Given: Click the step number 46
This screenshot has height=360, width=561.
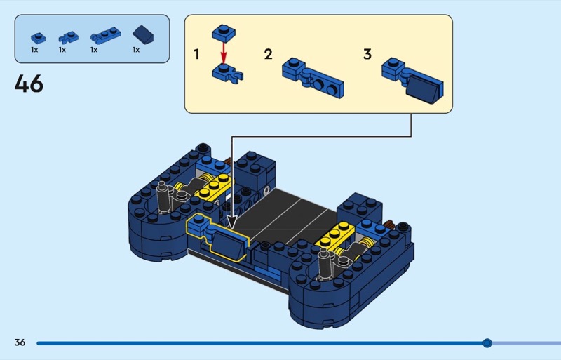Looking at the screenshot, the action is (29, 84).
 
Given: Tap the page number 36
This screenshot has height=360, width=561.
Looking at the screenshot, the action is (20, 342).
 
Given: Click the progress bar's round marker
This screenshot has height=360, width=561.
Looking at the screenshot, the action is (487, 343).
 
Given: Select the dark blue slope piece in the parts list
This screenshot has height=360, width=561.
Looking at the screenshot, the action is (143, 35).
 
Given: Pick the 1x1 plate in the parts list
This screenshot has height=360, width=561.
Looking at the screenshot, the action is (39, 38).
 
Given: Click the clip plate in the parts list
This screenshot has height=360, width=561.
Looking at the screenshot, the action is (68, 38).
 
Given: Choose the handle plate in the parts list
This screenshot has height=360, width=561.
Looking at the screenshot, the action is (106, 36).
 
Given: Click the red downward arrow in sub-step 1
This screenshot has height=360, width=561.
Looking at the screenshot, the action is (224, 53).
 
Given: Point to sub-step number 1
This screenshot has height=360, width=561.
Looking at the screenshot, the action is (196, 55).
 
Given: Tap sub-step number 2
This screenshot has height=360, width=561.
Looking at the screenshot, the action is (269, 55).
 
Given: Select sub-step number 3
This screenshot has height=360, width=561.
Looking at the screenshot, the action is (367, 55).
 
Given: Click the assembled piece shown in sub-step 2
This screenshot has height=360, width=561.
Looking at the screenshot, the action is (313, 78).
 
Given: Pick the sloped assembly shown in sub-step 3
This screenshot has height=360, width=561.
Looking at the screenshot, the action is (412, 81).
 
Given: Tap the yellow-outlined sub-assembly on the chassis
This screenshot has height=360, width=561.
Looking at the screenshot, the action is (218, 237).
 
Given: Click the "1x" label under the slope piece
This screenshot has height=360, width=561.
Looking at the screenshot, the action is (136, 50).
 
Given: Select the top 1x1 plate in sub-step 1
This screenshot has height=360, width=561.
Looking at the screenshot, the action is (224, 32).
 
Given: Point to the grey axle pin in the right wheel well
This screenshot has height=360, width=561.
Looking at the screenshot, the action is (324, 265).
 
